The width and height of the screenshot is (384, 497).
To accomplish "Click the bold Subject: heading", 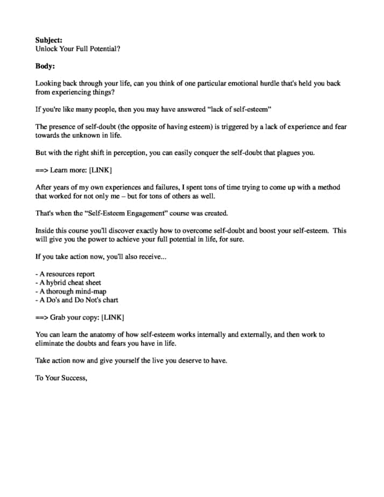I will [x=49, y=40].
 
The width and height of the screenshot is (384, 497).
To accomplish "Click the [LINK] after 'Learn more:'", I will [x=100, y=170].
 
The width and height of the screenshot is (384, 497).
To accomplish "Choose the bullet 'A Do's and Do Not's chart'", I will [x=76, y=300].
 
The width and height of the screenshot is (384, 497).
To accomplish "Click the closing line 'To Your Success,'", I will [x=61, y=378].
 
